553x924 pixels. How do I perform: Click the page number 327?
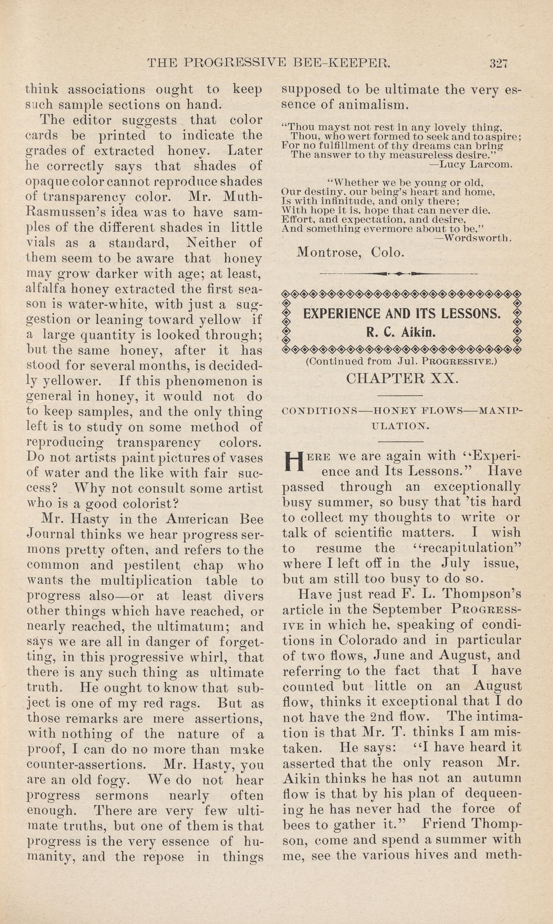[499, 63]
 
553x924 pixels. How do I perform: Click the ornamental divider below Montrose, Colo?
[399, 274]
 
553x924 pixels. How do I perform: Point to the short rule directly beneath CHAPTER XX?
[400, 396]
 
